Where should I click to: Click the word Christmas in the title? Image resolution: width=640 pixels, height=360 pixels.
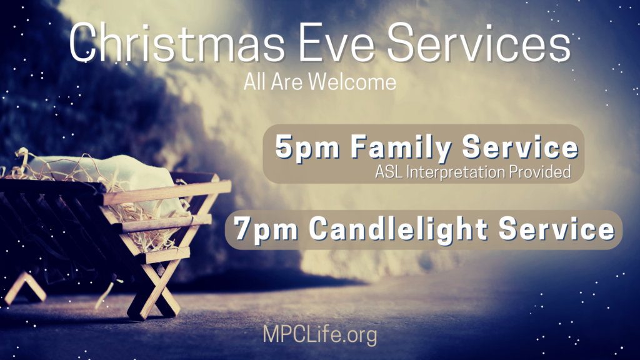(177, 43)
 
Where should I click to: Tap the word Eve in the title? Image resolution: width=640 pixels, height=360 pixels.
(337, 43)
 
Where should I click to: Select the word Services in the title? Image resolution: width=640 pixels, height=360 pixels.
(478, 42)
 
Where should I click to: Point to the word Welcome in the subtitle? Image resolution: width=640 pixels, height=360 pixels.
(352, 82)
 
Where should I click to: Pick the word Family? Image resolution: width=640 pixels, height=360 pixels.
(401, 147)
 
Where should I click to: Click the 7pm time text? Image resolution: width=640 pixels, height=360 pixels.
(266, 229)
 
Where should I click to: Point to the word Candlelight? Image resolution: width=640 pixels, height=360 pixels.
(398, 229)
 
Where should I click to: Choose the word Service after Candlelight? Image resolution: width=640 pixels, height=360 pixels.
(557, 229)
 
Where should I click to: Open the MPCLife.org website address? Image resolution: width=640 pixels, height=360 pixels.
(320, 335)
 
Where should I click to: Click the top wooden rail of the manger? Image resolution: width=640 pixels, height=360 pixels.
(165, 192)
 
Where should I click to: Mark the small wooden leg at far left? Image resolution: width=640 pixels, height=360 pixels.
(25, 287)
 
